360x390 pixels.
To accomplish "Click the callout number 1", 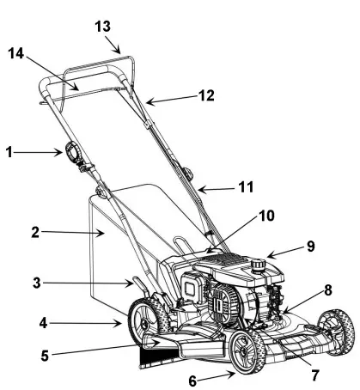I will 9,153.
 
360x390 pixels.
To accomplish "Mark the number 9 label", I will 309,247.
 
